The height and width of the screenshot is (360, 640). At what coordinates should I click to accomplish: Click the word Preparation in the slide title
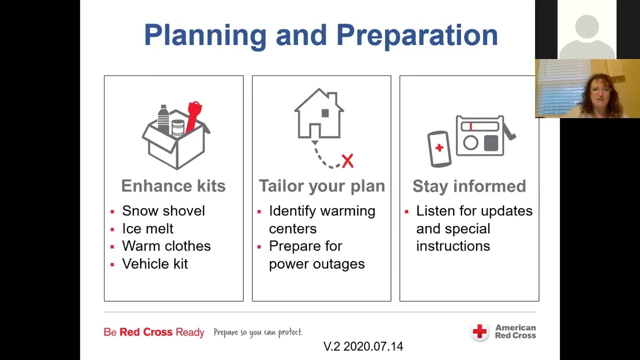pos(417,35)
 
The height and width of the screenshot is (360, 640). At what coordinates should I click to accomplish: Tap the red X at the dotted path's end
pos(347,161)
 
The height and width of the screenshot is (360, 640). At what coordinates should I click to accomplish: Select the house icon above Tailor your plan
pos(319,114)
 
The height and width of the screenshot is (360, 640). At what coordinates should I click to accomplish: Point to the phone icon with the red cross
pos(439,148)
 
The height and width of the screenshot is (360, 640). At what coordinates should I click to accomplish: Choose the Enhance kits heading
pos(173,186)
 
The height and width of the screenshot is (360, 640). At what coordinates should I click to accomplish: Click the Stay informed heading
pos(469,186)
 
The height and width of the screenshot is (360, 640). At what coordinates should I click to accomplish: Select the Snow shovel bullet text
pos(163,211)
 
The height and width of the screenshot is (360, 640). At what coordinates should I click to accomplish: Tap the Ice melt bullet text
pos(147,228)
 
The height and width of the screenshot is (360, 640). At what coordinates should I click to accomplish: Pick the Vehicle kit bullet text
pos(155,264)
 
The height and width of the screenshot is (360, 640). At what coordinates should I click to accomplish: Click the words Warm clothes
pos(166,246)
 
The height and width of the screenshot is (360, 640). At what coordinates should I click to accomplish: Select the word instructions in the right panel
pos(453,246)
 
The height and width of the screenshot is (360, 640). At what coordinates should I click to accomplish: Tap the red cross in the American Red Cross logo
pos(479,331)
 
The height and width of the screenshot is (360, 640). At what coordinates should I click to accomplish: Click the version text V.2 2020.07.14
pos(363,346)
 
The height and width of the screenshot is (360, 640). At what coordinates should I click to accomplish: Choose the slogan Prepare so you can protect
pos(258,332)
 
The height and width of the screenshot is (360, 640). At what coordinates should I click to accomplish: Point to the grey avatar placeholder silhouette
pos(586,35)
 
